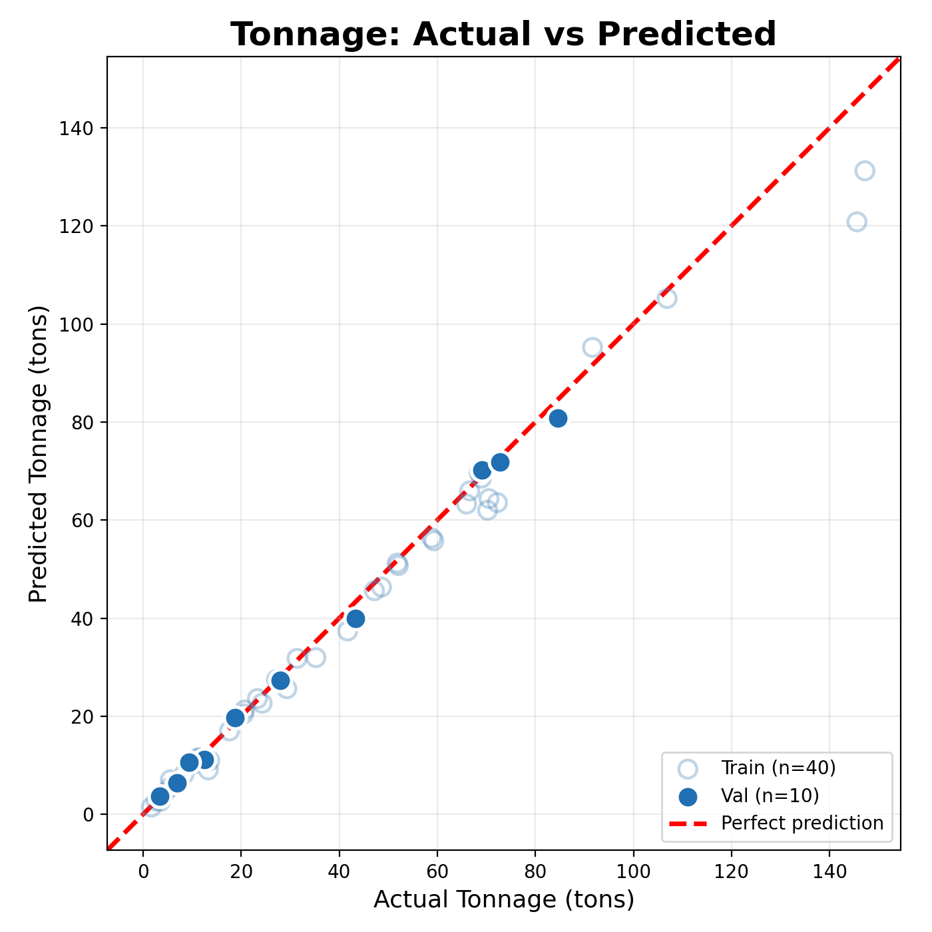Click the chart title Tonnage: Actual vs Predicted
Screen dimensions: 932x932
click(503, 35)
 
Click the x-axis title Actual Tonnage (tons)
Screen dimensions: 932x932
click(503, 899)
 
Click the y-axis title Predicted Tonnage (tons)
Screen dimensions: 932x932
click(39, 454)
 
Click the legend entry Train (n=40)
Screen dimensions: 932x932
click(778, 768)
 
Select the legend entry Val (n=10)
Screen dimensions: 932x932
click(769, 796)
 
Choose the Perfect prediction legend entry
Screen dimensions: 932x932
click(802, 823)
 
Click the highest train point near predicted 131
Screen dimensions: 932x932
click(865, 170)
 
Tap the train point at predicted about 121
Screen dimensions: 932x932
click(857, 222)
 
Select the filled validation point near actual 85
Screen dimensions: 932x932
click(558, 418)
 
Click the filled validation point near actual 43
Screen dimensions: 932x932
click(355, 618)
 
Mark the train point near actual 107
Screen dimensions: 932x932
click(667, 298)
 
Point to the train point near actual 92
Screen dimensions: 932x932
click(592, 347)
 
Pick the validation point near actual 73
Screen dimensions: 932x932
click(500, 462)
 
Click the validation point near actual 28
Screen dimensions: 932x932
click(280, 680)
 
